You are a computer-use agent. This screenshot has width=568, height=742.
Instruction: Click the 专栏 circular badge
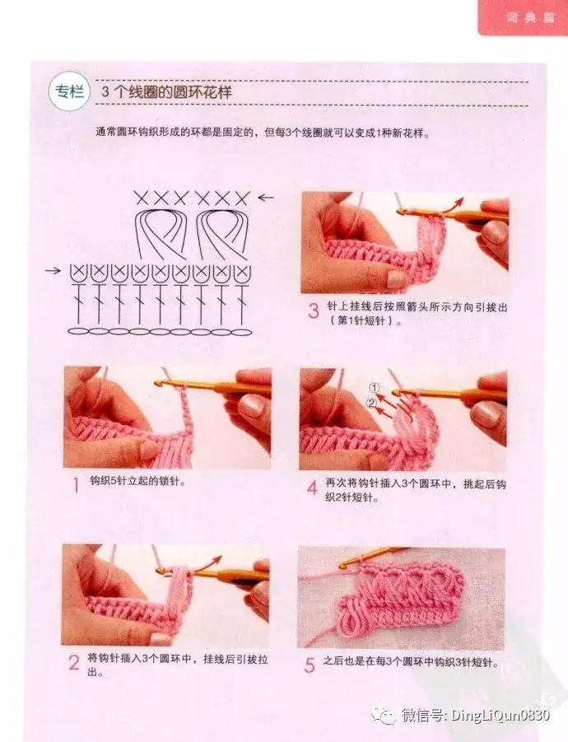(69, 91)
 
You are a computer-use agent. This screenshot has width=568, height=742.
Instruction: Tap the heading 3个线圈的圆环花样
(167, 91)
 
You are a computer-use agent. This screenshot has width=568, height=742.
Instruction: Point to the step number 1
(76, 485)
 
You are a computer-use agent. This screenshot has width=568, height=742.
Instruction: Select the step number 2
(74, 663)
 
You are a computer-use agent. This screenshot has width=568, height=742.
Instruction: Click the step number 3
(314, 311)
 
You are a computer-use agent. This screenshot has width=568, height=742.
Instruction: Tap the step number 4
(312, 488)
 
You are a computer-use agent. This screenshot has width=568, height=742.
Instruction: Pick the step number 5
(310, 665)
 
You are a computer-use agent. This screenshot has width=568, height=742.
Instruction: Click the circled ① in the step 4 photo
(375, 389)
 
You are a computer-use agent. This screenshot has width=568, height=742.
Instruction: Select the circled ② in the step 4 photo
(372, 404)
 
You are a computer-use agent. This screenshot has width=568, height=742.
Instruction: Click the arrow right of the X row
(266, 198)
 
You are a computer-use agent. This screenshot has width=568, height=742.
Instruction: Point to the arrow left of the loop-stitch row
(53, 271)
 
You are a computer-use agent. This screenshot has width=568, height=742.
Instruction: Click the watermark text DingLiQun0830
(500, 714)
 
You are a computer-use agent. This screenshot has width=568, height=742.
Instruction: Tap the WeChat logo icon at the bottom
(383, 715)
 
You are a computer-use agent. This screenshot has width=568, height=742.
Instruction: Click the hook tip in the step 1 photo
(158, 381)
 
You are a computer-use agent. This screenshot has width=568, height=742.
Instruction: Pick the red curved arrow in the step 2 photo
(210, 563)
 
